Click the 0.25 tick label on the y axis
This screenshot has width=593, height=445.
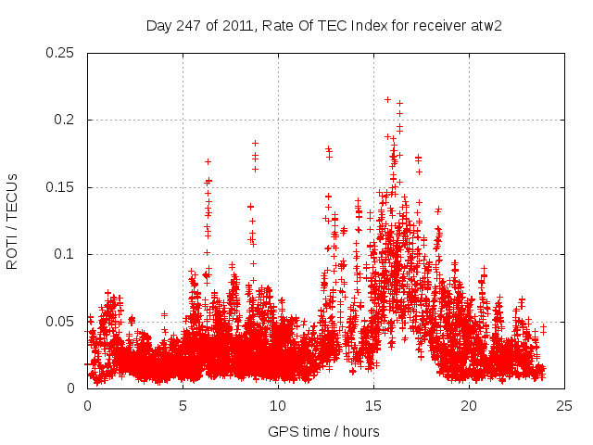(x=63, y=53)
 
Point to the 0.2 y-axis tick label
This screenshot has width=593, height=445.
(x=67, y=120)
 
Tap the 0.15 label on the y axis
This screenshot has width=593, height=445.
(x=63, y=187)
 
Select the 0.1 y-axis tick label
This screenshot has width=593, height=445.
(x=67, y=254)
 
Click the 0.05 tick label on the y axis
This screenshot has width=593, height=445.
(x=63, y=322)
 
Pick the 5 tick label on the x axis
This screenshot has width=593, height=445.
(x=183, y=405)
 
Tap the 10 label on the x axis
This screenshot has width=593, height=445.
(x=278, y=405)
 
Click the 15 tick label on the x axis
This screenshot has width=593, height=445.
(x=373, y=405)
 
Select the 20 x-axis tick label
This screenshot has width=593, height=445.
(x=469, y=405)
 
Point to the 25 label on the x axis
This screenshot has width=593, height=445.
(x=564, y=405)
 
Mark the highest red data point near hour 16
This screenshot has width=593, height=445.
(x=387, y=99)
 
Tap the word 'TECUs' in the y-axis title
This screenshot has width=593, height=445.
(x=12, y=197)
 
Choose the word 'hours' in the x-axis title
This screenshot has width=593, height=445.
(x=360, y=431)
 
